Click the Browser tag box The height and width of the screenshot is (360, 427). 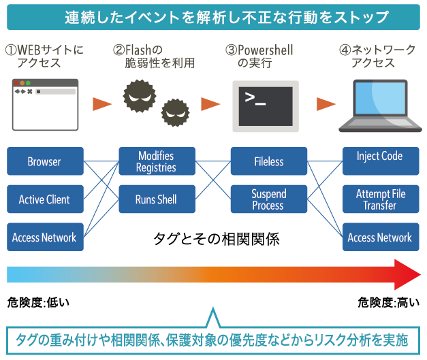[x=45, y=161]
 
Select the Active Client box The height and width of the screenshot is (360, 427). [x=45, y=199]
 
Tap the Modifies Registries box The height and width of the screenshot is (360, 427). [x=157, y=161]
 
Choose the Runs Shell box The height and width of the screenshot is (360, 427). [x=157, y=199]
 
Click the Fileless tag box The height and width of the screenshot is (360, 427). [x=269, y=161]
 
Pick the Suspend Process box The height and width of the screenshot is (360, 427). [x=269, y=199]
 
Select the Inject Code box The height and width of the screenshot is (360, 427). [x=381, y=161]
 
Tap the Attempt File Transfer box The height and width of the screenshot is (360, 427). [x=381, y=199]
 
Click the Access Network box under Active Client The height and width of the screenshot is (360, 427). [x=45, y=237]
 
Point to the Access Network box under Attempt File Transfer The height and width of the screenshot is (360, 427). [x=381, y=237]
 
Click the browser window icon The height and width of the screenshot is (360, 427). [x=45, y=105]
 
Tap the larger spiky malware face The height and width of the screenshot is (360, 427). [x=140, y=96]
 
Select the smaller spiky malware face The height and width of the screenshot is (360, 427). [x=176, y=112]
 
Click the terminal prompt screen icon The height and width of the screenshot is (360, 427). [x=266, y=106]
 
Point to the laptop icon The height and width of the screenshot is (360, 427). [x=380, y=106]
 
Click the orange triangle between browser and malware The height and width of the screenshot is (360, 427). [x=101, y=104]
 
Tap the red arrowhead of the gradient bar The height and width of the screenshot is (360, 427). [x=407, y=274]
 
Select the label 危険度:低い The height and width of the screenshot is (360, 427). [x=38, y=303]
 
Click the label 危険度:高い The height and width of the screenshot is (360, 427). [x=389, y=303]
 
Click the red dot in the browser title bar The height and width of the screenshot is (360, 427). [x=16, y=83]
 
